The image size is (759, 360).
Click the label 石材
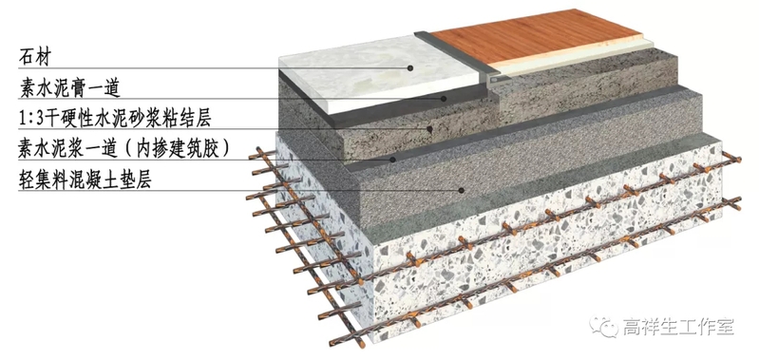pyautogui.click(x=34, y=57)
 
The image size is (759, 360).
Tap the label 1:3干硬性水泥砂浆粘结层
pyautogui.click(x=115, y=119)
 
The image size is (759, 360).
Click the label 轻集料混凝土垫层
pyautogui.click(x=85, y=180)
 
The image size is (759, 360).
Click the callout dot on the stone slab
pyautogui.click(x=410, y=68)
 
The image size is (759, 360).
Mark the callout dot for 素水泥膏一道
pyautogui.click(x=444, y=99)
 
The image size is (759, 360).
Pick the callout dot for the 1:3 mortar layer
pyautogui.click(x=429, y=129)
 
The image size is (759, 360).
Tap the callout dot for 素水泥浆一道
pyautogui.click(x=393, y=160)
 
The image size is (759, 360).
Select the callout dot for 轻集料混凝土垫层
pyautogui.click(x=462, y=190)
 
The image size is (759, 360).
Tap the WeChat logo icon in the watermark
pyautogui.click(x=603, y=327)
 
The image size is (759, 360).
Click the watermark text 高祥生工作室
pyautogui.click(x=678, y=327)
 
